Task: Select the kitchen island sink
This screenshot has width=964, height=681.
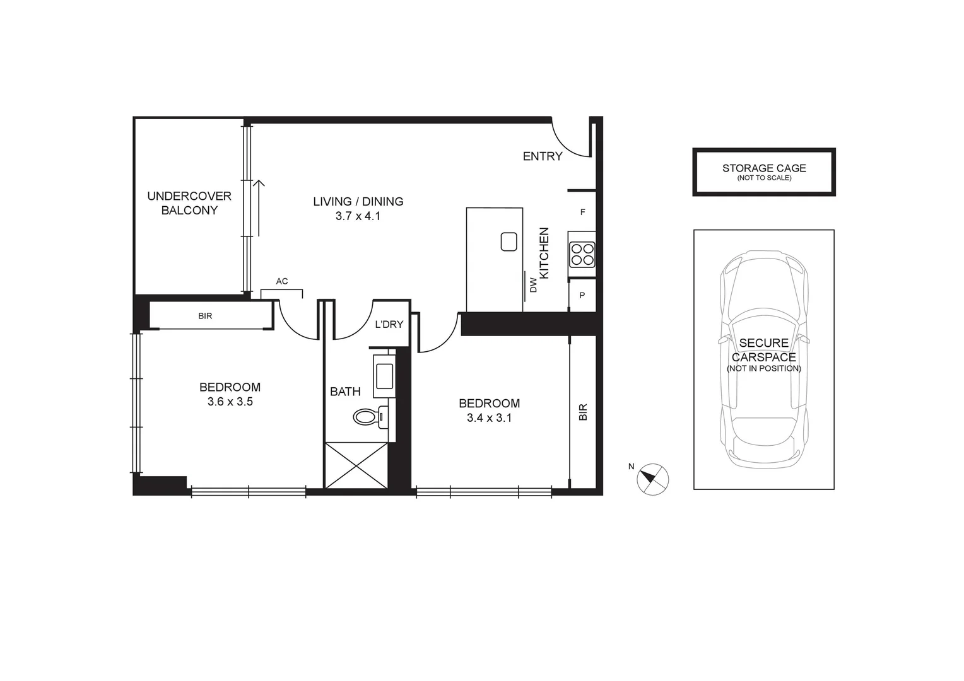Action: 508,242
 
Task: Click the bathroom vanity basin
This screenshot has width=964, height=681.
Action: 384,376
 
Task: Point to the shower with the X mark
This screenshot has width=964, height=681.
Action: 356,465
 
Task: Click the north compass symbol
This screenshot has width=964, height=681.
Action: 652,479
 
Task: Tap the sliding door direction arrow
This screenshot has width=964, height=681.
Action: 258,208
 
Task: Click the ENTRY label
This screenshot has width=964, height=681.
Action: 542,156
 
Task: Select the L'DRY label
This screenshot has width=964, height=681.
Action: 389,324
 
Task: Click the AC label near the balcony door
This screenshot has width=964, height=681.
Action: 282,281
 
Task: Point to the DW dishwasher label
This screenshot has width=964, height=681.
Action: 533,285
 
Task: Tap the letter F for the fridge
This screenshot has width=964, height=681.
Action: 582,212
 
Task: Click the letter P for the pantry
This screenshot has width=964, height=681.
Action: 582,295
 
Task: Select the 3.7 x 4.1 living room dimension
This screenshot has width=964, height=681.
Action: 358,216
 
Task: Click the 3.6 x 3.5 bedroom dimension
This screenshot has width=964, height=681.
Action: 230,402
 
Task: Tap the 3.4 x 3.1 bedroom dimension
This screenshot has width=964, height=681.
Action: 489,417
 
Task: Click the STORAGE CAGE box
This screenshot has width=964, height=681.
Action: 763,172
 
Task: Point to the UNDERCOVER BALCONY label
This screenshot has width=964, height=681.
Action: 189,203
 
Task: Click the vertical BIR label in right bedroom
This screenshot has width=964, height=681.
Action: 583,412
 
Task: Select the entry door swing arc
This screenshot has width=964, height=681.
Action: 568,142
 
